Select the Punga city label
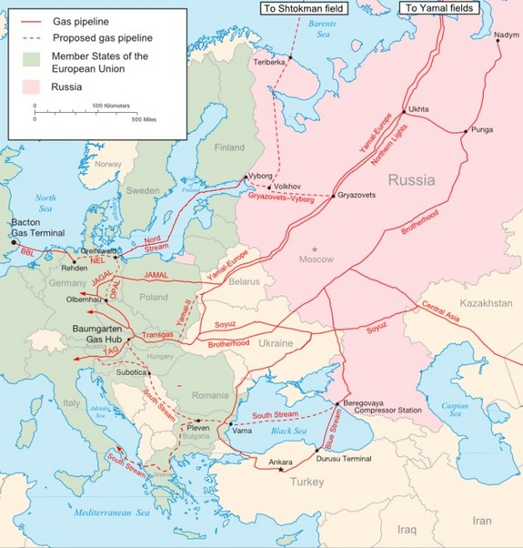click(482, 130)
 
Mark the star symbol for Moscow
click(315, 249)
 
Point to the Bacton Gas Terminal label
click(35, 228)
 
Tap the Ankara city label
click(279, 462)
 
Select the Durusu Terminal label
click(343, 460)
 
